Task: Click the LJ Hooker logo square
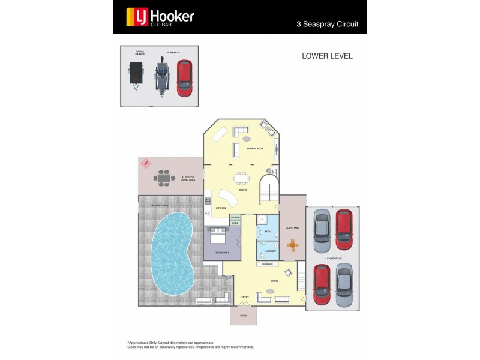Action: [x=133, y=17]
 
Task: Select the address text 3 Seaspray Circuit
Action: [x=327, y=25]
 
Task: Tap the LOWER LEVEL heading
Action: [x=327, y=56]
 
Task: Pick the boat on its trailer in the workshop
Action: [x=161, y=76]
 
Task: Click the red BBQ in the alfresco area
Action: [x=145, y=163]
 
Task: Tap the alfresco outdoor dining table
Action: [x=164, y=178]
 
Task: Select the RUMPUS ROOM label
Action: [x=255, y=148]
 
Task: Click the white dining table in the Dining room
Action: [x=242, y=178]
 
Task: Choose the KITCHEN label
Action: [x=221, y=208]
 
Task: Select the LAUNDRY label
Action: [x=270, y=251]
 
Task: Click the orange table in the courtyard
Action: [x=293, y=245]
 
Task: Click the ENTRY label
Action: [x=245, y=296]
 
